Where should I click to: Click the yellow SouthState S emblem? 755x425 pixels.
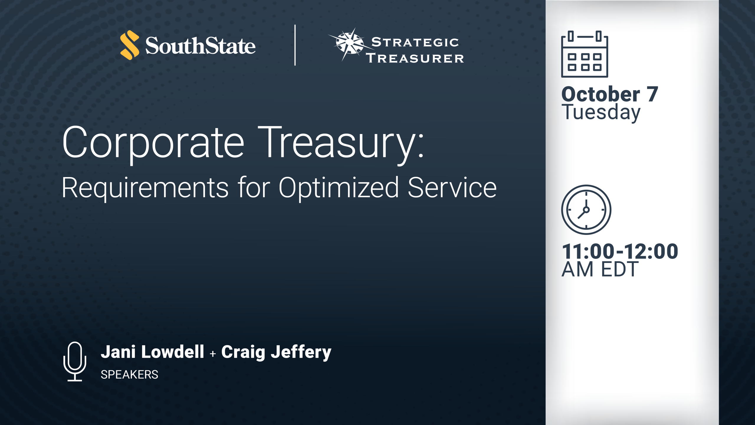tap(130, 45)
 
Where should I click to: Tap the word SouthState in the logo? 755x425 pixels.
tap(200, 46)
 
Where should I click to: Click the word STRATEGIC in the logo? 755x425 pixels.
tap(415, 42)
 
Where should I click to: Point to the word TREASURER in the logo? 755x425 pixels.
tap(415, 58)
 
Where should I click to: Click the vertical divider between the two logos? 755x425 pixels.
tap(295, 45)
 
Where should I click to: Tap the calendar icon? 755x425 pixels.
tap(585, 54)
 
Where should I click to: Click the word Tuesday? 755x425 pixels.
tap(601, 112)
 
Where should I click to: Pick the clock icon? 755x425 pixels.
tap(586, 210)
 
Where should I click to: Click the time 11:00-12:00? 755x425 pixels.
tap(620, 251)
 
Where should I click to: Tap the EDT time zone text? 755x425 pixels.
tap(620, 269)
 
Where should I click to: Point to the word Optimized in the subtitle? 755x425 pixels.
tap(339, 188)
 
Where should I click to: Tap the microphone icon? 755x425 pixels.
tap(75, 361)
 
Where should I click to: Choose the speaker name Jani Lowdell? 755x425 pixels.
tap(152, 352)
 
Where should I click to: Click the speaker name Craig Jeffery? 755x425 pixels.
tap(276, 352)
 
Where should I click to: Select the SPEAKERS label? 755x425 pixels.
tap(129, 375)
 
